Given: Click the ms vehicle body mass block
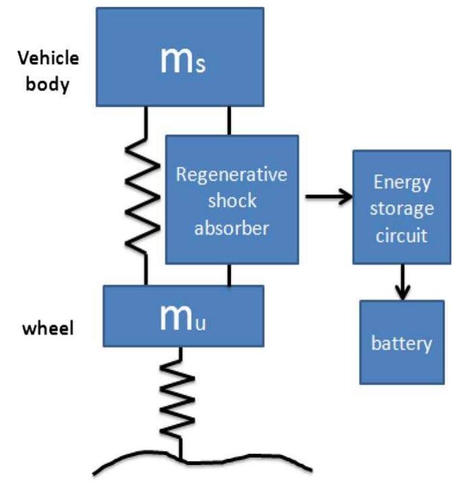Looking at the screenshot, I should [179, 57].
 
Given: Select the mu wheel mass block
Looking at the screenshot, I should [183, 317].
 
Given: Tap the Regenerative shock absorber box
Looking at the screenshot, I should [232, 200].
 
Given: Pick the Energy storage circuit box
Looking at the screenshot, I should [402, 206].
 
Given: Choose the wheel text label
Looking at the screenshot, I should [49, 329].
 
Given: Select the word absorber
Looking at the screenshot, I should [232, 228].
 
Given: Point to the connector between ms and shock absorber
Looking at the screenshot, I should [230, 120].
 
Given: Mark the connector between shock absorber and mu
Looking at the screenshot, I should [230, 274].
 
